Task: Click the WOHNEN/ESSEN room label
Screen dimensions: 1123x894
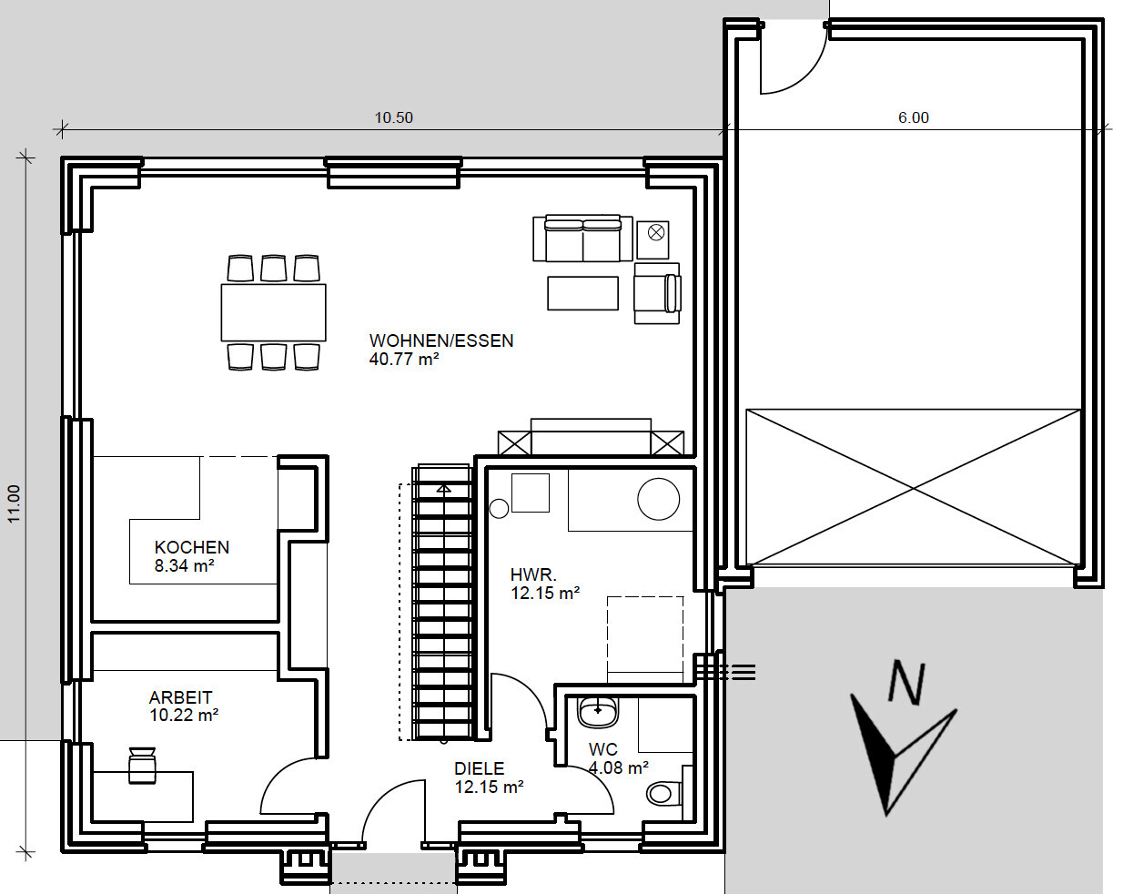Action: click(x=441, y=341)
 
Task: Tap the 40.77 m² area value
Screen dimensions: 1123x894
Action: click(x=404, y=360)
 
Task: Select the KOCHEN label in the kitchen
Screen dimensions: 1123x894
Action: click(x=191, y=547)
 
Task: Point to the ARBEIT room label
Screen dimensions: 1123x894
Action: click(x=180, y=697)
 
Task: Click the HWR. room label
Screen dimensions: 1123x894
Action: click(x=533, y=575)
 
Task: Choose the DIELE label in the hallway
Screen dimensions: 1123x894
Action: click(x=479, y=768)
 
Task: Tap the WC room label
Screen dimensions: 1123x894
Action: click(x=602, y=750)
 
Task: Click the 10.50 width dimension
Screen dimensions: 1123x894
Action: click(x=393, y=117)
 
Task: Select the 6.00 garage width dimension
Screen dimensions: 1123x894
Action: click(x=913, y=117)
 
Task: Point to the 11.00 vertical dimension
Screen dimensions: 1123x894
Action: click(x=14, y=503)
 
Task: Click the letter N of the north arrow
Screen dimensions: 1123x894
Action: click(x=907, y=682)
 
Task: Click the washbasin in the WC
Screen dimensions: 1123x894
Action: click(x=598, y=712)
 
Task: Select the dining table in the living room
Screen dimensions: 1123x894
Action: click(x=273, y=312)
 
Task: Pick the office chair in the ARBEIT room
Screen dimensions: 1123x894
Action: click(x=142, y=766)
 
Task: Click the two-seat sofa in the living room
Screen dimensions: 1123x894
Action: click(x=582, y=239)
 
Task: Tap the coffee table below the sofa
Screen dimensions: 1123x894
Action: click(x=583, y=293)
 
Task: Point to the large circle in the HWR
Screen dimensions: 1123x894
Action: click(x=659, y=499)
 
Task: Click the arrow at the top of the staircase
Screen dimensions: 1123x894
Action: click(x=443, y=489)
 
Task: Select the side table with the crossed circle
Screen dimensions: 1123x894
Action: click(x=653, y=239)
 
